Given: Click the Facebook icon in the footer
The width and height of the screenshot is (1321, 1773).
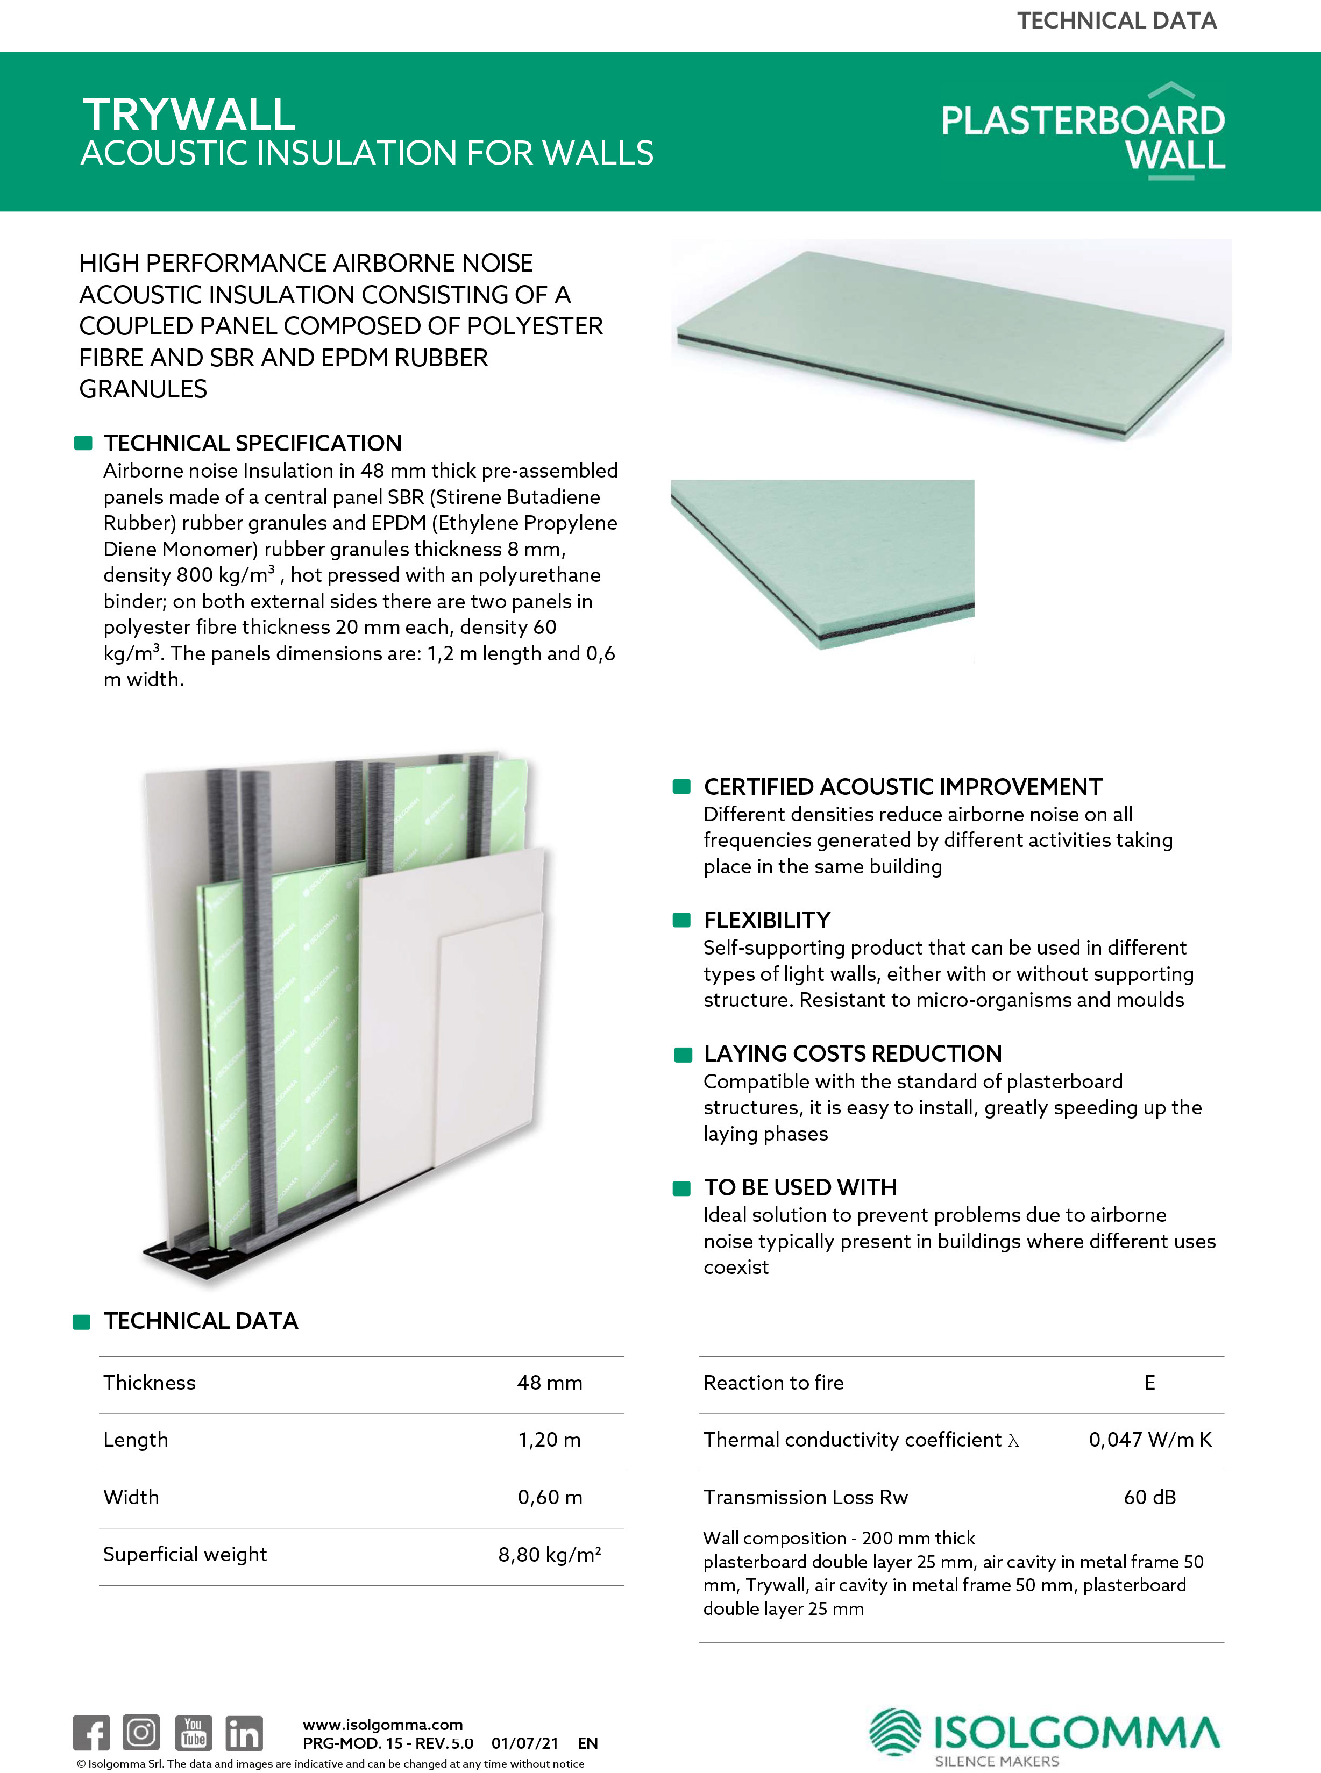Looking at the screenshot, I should [91, 1732].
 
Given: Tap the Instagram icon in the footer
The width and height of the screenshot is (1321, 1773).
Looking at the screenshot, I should [141, 1732].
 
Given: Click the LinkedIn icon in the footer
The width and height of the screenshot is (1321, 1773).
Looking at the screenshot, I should [244, 1732].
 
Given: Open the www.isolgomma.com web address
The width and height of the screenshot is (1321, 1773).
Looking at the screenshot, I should [382, 1724].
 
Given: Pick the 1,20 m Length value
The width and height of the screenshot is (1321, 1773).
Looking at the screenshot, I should [549, 1440].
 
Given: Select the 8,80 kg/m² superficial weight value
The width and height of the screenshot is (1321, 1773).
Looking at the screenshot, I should [549, 1554].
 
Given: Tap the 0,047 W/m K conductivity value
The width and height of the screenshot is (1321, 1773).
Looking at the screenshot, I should [1149, 1440].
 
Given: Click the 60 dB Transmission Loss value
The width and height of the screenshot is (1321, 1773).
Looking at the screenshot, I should [1149, 1497].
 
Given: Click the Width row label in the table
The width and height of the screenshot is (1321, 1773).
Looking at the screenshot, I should [131, 1497].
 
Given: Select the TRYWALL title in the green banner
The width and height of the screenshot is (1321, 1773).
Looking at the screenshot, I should [189, 115].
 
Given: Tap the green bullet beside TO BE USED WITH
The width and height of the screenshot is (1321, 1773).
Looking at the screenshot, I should [682, 1188].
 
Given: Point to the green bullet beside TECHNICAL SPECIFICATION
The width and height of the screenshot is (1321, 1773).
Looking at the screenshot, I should [83, 443].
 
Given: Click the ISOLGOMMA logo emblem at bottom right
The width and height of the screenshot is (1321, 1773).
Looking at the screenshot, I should [895, 1732].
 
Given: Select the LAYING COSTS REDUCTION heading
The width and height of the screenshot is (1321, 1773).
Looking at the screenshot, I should [853, 1053].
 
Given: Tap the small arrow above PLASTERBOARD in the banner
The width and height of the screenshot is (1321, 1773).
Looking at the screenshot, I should [1171, 89].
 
